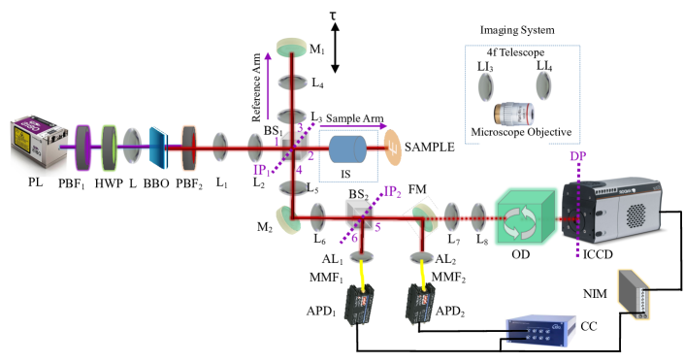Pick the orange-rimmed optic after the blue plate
click(187, 148)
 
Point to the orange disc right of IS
click(393, 149)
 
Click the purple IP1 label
click(261, 171)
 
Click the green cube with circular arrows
click(524, 218)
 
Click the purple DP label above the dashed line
click(578, 157)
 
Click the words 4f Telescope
click(517, 51)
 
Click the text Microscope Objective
click(521, 132)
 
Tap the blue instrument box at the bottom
click(539, 329)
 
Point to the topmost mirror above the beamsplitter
click(289, 45)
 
